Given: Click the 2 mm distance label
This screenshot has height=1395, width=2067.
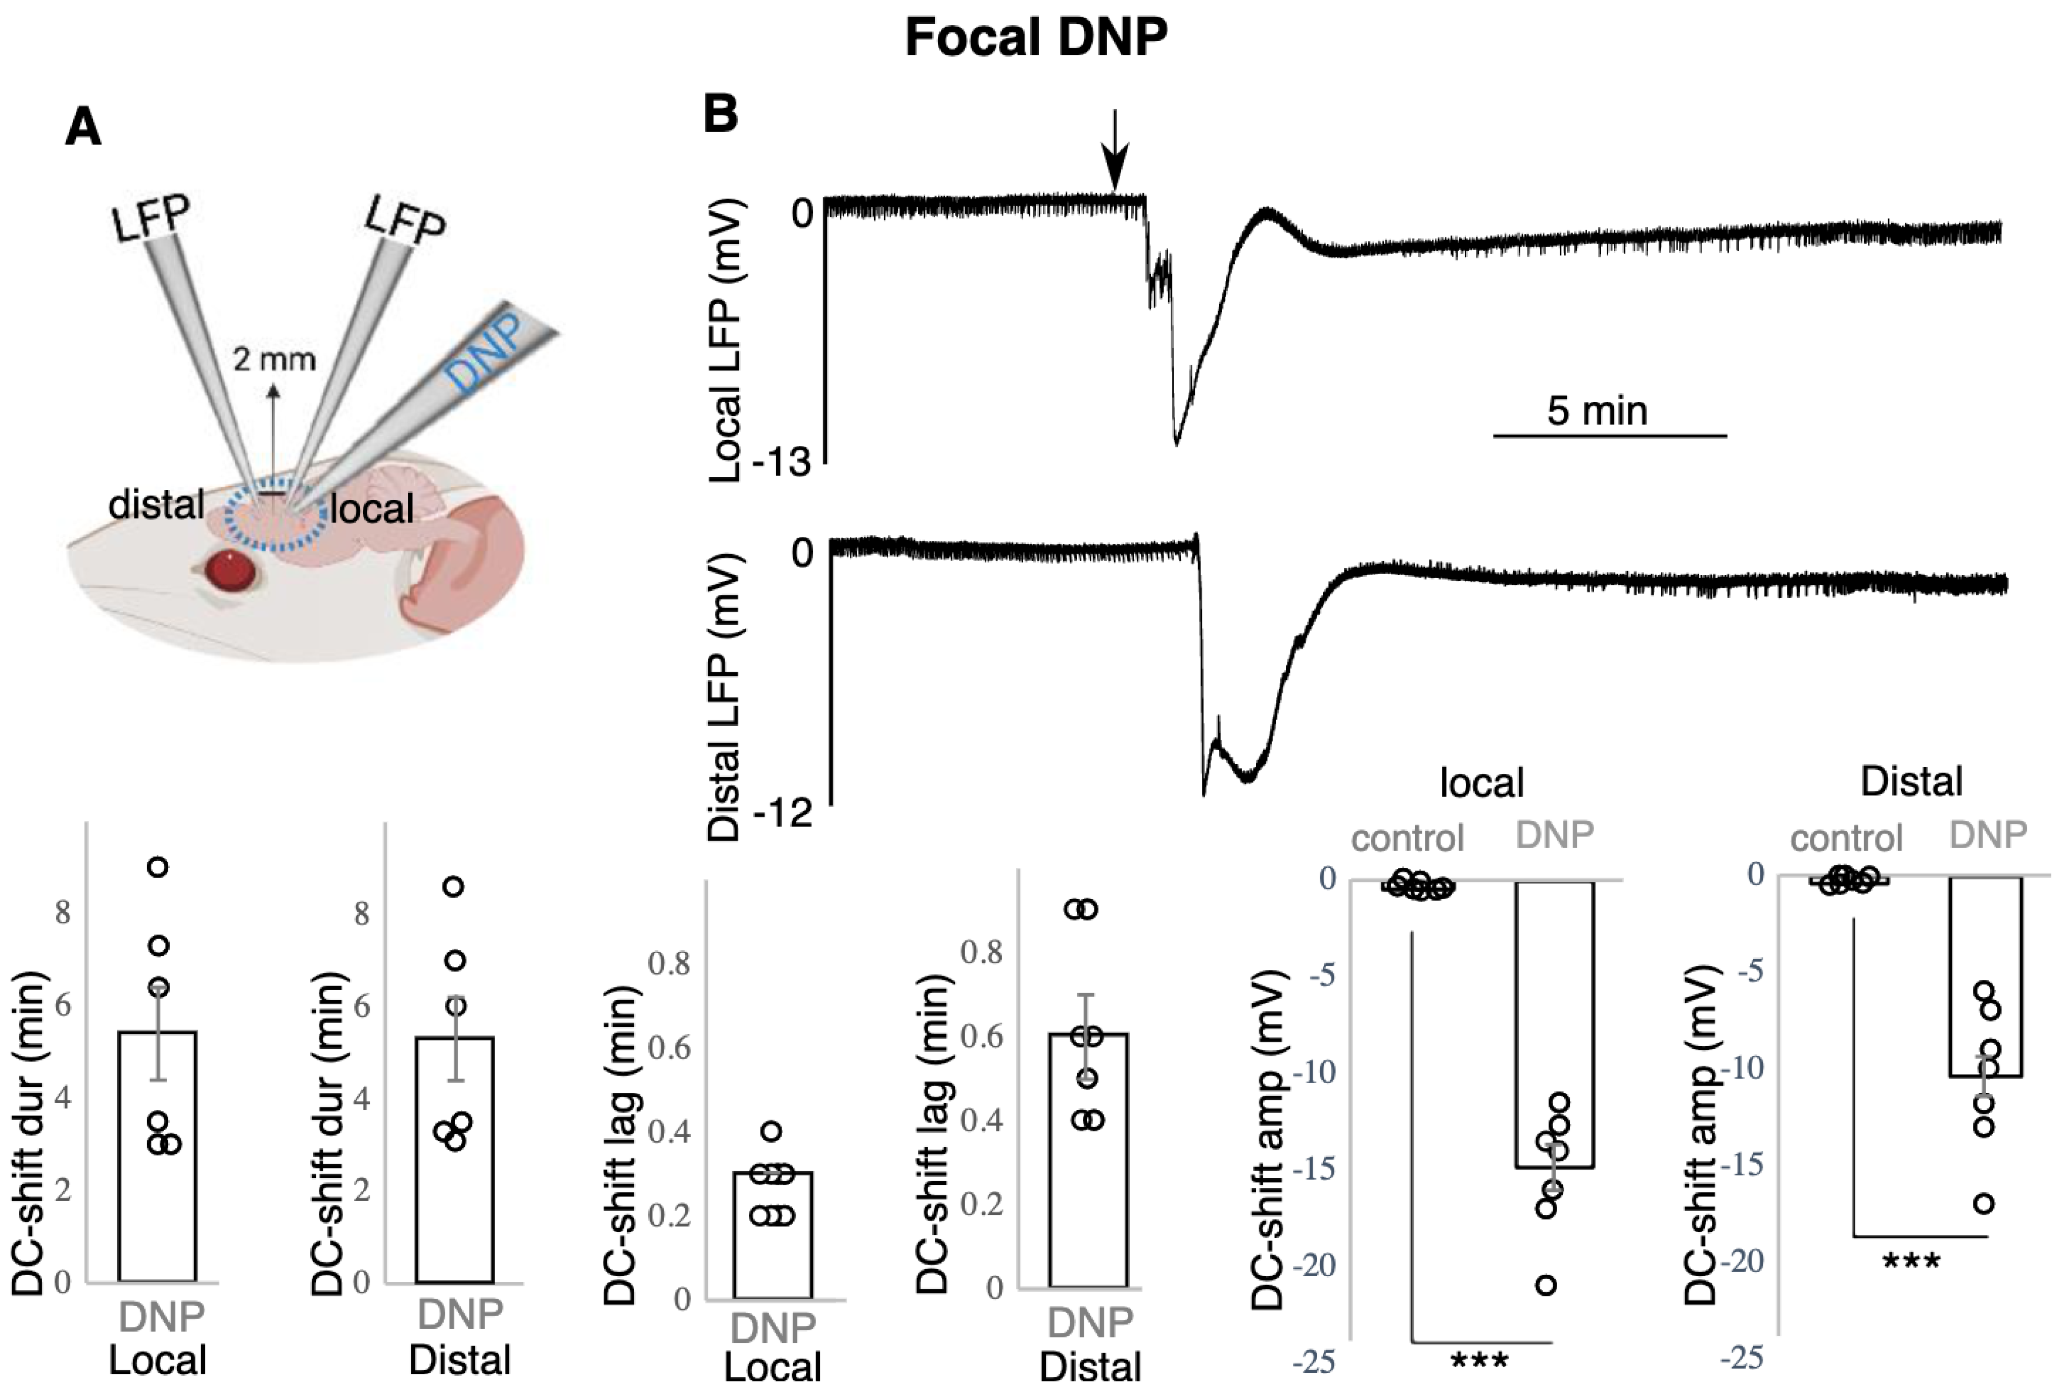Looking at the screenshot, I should tap(274, 359).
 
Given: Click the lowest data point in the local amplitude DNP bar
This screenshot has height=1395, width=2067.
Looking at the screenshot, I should tap(1548, 1285).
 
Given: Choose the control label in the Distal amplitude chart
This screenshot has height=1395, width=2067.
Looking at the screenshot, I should tap(1846, 838).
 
